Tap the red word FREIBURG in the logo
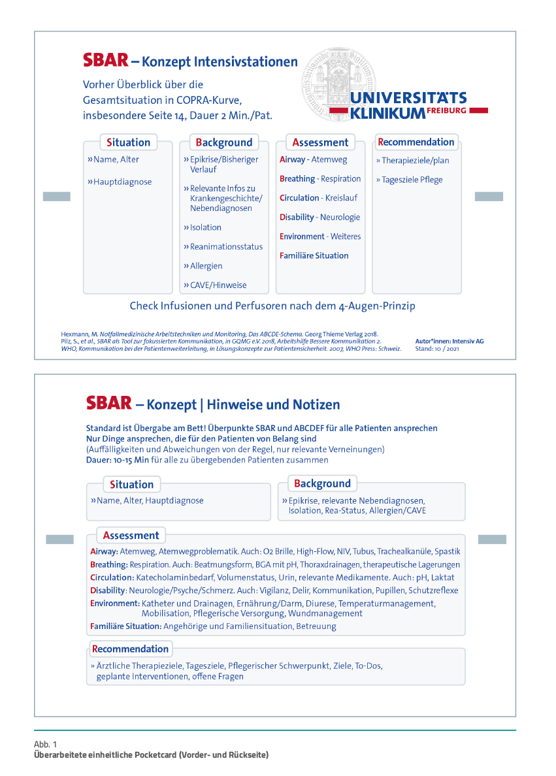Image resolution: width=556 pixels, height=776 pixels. (448, 111)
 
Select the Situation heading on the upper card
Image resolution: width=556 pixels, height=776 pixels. (129, 142)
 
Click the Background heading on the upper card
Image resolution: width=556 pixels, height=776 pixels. (224, 142)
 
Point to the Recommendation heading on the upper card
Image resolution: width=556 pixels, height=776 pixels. (416, 142)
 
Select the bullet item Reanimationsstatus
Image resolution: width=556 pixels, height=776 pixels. (223, 246)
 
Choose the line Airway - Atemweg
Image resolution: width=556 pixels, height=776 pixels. (314, 159)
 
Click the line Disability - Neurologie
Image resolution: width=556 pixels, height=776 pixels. (319, 217)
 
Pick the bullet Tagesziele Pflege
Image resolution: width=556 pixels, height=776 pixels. (409, 180)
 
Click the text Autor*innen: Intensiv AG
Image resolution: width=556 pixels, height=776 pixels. (450, 341)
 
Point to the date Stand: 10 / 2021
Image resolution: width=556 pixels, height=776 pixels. (437, 348)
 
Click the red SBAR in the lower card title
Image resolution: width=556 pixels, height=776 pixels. (108, 402)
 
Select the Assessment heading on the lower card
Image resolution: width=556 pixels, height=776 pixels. (131, 535)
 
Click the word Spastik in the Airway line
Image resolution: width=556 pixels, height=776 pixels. (448, 551)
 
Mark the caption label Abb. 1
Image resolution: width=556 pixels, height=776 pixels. (46, 745)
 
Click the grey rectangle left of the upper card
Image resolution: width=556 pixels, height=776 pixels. (56, 197)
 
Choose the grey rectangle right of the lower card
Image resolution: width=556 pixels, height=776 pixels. (492, 539)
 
